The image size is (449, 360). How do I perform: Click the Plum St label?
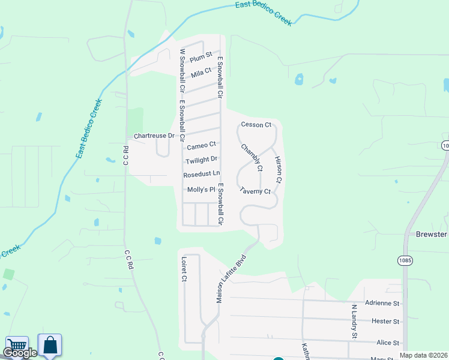tap(201, 58)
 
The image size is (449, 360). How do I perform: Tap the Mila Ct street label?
tap(201, 73)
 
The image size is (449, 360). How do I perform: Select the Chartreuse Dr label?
tap(154, 136)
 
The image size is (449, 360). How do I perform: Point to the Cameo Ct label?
tap(201, 146)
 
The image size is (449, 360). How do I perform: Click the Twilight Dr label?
tap(201, 160)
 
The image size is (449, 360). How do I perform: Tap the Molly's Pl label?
tap(201, 190)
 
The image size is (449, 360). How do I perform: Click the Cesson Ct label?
tap(256, 125)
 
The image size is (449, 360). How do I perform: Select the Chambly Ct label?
tap(252, 157)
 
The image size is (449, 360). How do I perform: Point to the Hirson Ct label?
tap(278, 170)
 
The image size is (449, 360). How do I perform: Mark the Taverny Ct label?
tap(256, 191)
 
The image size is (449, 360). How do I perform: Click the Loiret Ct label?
tap(184, 270)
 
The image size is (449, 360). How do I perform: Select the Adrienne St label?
tap(382, 304)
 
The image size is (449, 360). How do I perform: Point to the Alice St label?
tap(388, 343)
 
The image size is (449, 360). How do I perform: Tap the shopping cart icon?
tap(17, 345)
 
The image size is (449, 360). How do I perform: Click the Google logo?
tap(19, 353)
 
